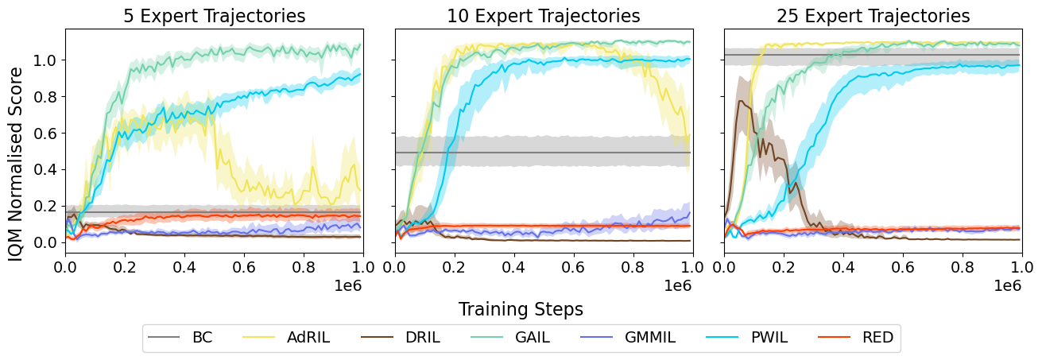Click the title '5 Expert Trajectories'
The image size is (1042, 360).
click(x=214, y=16)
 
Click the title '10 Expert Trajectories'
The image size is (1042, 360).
click(x=544, y=16)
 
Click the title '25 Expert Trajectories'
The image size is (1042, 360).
click(x=873, y=16)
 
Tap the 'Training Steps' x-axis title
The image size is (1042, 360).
click(x=521, y=309)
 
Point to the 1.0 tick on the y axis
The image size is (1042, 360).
click(x=45, y=60)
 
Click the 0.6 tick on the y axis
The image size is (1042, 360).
click(x=45, y=133)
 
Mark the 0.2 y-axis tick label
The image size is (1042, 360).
click(x=45, y=206)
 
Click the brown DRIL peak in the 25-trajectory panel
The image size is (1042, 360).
click(x=741, y=101)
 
